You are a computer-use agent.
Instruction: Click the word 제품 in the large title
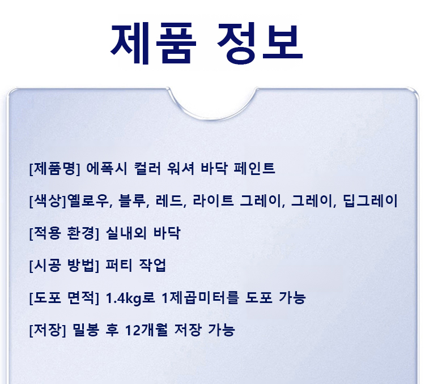point(153,43)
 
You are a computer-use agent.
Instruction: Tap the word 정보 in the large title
point(260,43)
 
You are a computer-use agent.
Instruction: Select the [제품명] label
point(54,168)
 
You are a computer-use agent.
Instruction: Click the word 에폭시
point(107,168)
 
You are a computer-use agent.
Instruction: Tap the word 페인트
point(254,168)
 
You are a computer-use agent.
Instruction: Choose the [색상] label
point(48,201)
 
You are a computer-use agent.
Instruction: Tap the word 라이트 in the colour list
point(213,201)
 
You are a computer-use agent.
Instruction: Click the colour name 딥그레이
point(370,201)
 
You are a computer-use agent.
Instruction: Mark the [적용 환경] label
point(64,233)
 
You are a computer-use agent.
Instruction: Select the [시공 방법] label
point(64,265)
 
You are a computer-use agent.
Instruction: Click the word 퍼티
point(119,265)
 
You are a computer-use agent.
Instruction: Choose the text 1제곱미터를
point(200,297)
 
